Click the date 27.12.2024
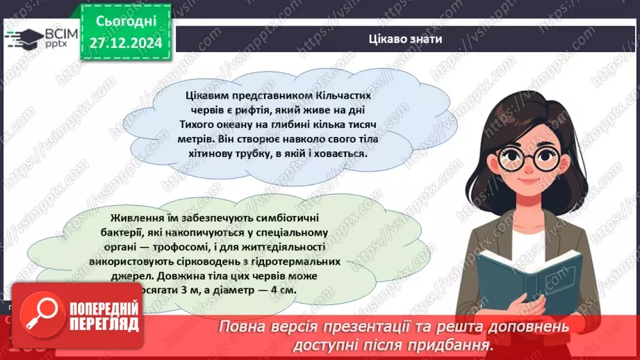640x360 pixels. pyautogui.click(x=125, y=43)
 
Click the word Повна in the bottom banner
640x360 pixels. pyautogui.click(x=242, y=327)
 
